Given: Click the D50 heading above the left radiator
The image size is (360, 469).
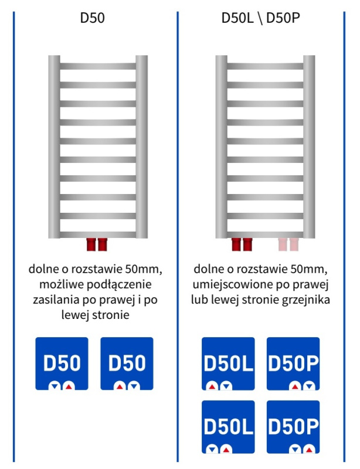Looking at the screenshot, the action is (93, 18).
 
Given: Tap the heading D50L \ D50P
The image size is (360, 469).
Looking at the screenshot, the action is (261, 18).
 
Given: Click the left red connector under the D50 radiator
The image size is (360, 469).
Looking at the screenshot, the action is (91, 244).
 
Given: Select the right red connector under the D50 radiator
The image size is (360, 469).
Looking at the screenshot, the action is (103, 244).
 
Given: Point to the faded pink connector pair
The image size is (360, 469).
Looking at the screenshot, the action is (288, 244).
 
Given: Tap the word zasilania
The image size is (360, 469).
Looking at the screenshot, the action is (56, 300).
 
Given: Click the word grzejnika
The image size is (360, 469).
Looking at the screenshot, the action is (306, 300).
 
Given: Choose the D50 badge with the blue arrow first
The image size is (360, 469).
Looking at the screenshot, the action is (62, 363).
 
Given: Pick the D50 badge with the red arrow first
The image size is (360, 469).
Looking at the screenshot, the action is (127, 363).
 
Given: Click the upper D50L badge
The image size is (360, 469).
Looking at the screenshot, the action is (228, 363).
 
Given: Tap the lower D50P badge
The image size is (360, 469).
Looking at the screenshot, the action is (293, 427).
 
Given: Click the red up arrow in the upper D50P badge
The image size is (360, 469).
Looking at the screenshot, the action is (295, 386).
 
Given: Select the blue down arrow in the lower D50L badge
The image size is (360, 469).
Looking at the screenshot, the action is (212, 450).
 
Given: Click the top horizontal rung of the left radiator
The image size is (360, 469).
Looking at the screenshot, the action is (98, 66).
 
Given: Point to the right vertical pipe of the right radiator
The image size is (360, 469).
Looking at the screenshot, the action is (309, 147).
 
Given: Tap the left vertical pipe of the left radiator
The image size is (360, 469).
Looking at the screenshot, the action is (54, 147).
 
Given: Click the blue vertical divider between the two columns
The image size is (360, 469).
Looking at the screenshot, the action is (178, 236).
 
